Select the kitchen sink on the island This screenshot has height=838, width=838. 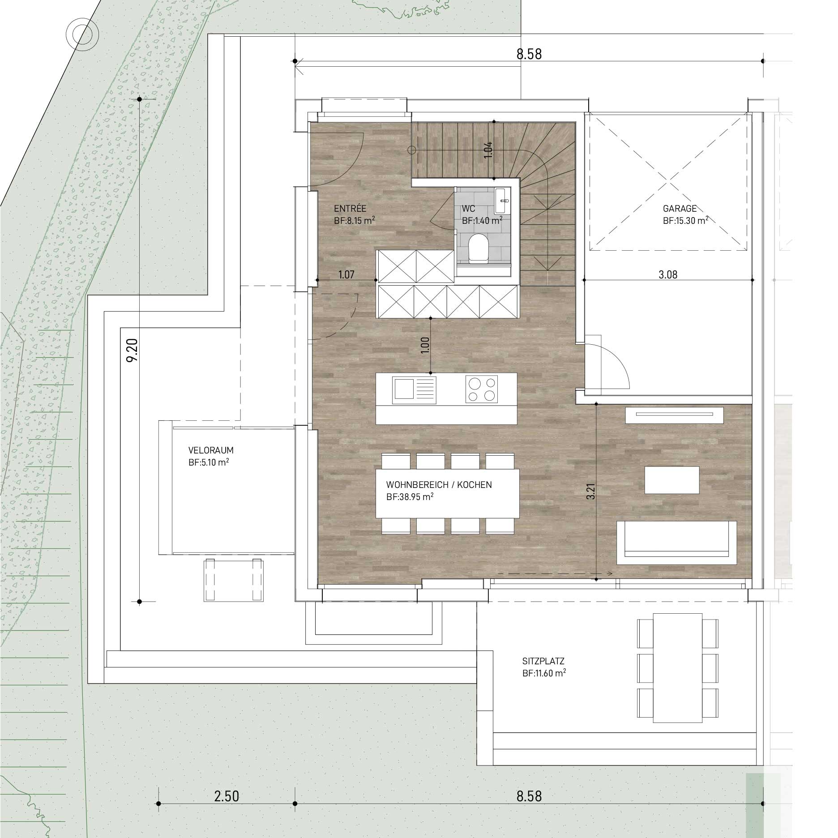tap(414, 389)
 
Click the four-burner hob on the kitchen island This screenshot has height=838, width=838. tap(482, 389)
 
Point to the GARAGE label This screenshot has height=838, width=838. tap(680, 209)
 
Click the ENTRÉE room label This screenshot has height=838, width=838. tap(350, 209)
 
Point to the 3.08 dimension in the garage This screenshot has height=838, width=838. tap(668, 274)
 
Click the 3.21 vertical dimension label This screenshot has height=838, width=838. tap(591, 491)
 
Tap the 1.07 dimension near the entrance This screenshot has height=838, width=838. tap(346, 274)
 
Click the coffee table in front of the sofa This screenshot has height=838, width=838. tap(671, 480)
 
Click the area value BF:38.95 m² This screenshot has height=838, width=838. tap(410, 497)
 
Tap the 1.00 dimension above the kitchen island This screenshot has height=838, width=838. tap(425, 346)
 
